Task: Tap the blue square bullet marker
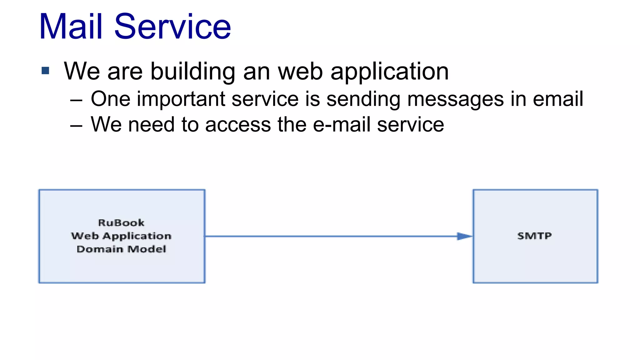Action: point(45,71)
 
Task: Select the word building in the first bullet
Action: point(193,72)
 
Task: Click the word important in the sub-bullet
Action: point(181,99)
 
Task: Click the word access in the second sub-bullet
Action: point(238,125)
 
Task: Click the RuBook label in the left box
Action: point(121,223)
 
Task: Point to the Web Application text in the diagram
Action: point(121,236)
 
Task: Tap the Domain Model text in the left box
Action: point(121,249)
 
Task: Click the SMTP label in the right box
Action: point(534,236)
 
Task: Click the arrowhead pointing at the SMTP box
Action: point(464,236)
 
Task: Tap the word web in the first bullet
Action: point(300,72)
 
